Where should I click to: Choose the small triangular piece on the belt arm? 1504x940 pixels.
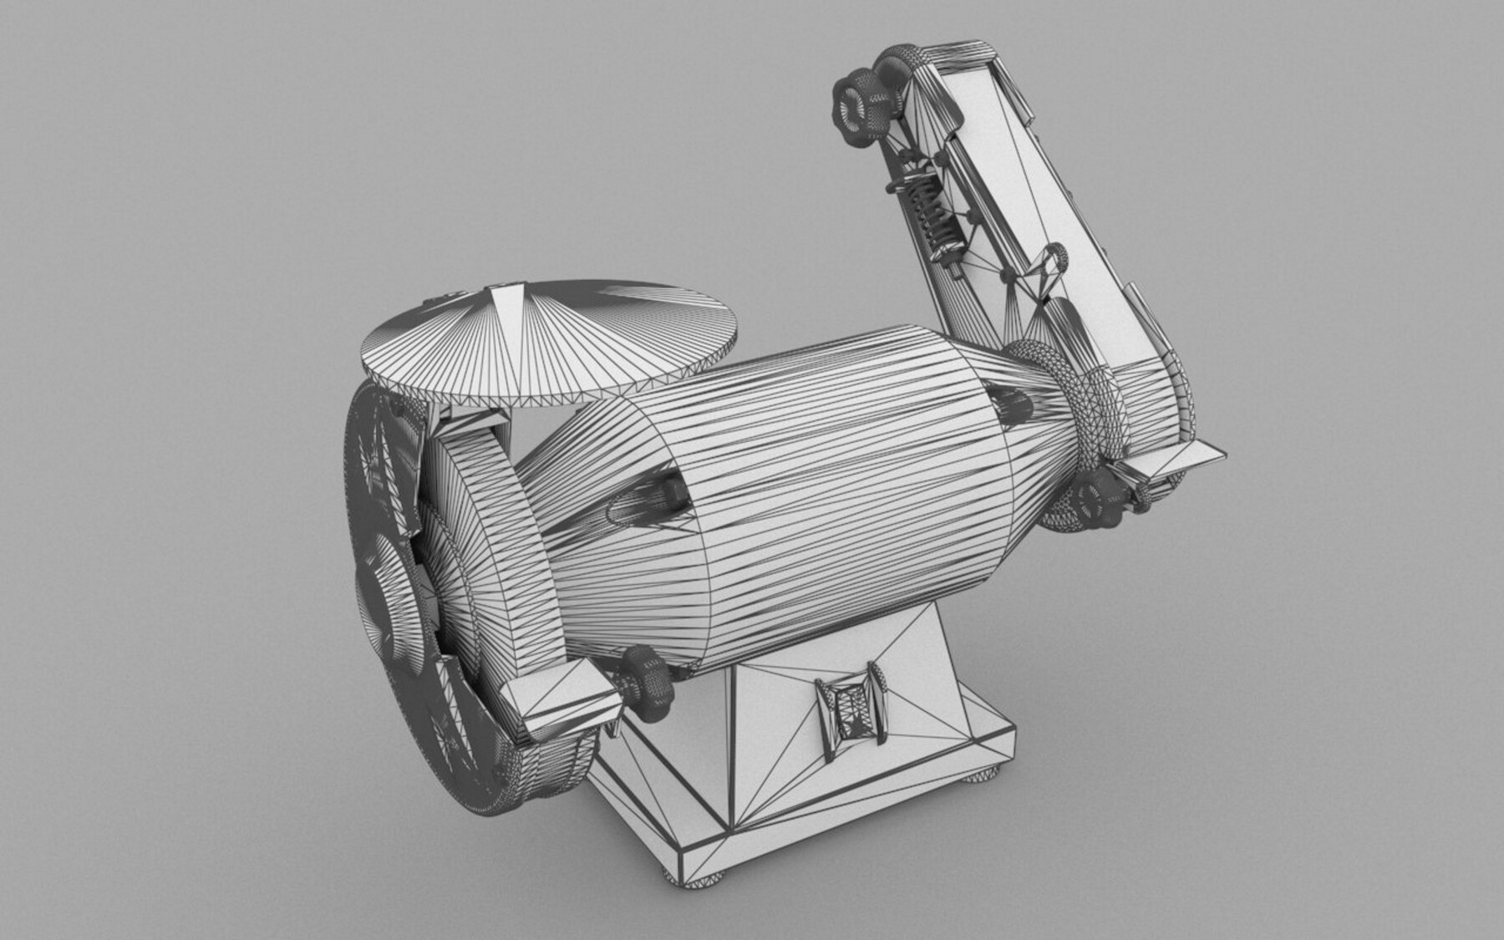(1040, 276)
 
